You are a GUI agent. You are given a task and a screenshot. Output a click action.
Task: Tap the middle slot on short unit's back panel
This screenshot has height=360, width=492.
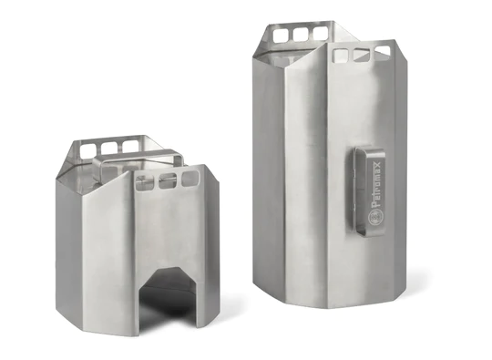click(x=110, y=145)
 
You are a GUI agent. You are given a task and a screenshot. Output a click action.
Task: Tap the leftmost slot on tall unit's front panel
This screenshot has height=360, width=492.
click(x=341, y=57)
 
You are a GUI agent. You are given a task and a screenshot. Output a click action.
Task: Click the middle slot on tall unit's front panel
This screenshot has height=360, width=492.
click(x=362, y=55)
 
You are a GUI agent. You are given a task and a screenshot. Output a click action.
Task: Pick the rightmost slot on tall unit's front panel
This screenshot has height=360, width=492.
click(x=383, y=53)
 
